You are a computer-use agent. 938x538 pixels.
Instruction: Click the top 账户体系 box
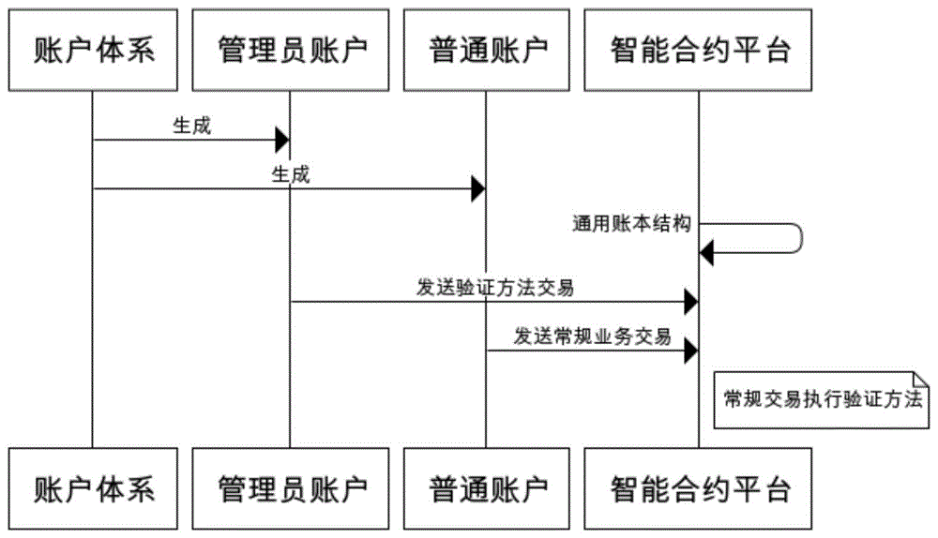[x=93, y=50]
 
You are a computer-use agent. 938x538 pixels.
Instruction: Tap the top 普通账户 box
[x=486, y=50]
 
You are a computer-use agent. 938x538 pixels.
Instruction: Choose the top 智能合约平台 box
[x=699, y=50]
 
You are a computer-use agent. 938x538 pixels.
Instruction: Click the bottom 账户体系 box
[x=93, y=488]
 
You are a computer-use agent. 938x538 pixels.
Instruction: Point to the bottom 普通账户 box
[x=486, y=488]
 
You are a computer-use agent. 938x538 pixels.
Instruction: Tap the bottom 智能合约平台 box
[x=699, y=488]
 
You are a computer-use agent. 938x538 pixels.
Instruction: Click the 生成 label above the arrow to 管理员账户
[x=191, y=127]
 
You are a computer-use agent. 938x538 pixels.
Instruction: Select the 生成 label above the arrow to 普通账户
[x=290, y=174]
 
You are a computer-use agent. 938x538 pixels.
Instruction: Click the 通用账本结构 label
[x=632, y=224]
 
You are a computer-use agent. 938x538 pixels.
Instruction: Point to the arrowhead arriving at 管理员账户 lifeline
[x=281, y=141]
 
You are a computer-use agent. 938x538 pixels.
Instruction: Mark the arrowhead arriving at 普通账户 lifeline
[x=477, y=189]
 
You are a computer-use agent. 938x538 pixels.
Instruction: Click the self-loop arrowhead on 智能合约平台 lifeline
[x=707, y=252]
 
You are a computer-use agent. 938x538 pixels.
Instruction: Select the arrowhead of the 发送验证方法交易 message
[x=690, y=302]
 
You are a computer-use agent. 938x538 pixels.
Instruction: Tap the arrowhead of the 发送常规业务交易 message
[x=690, y=351]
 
